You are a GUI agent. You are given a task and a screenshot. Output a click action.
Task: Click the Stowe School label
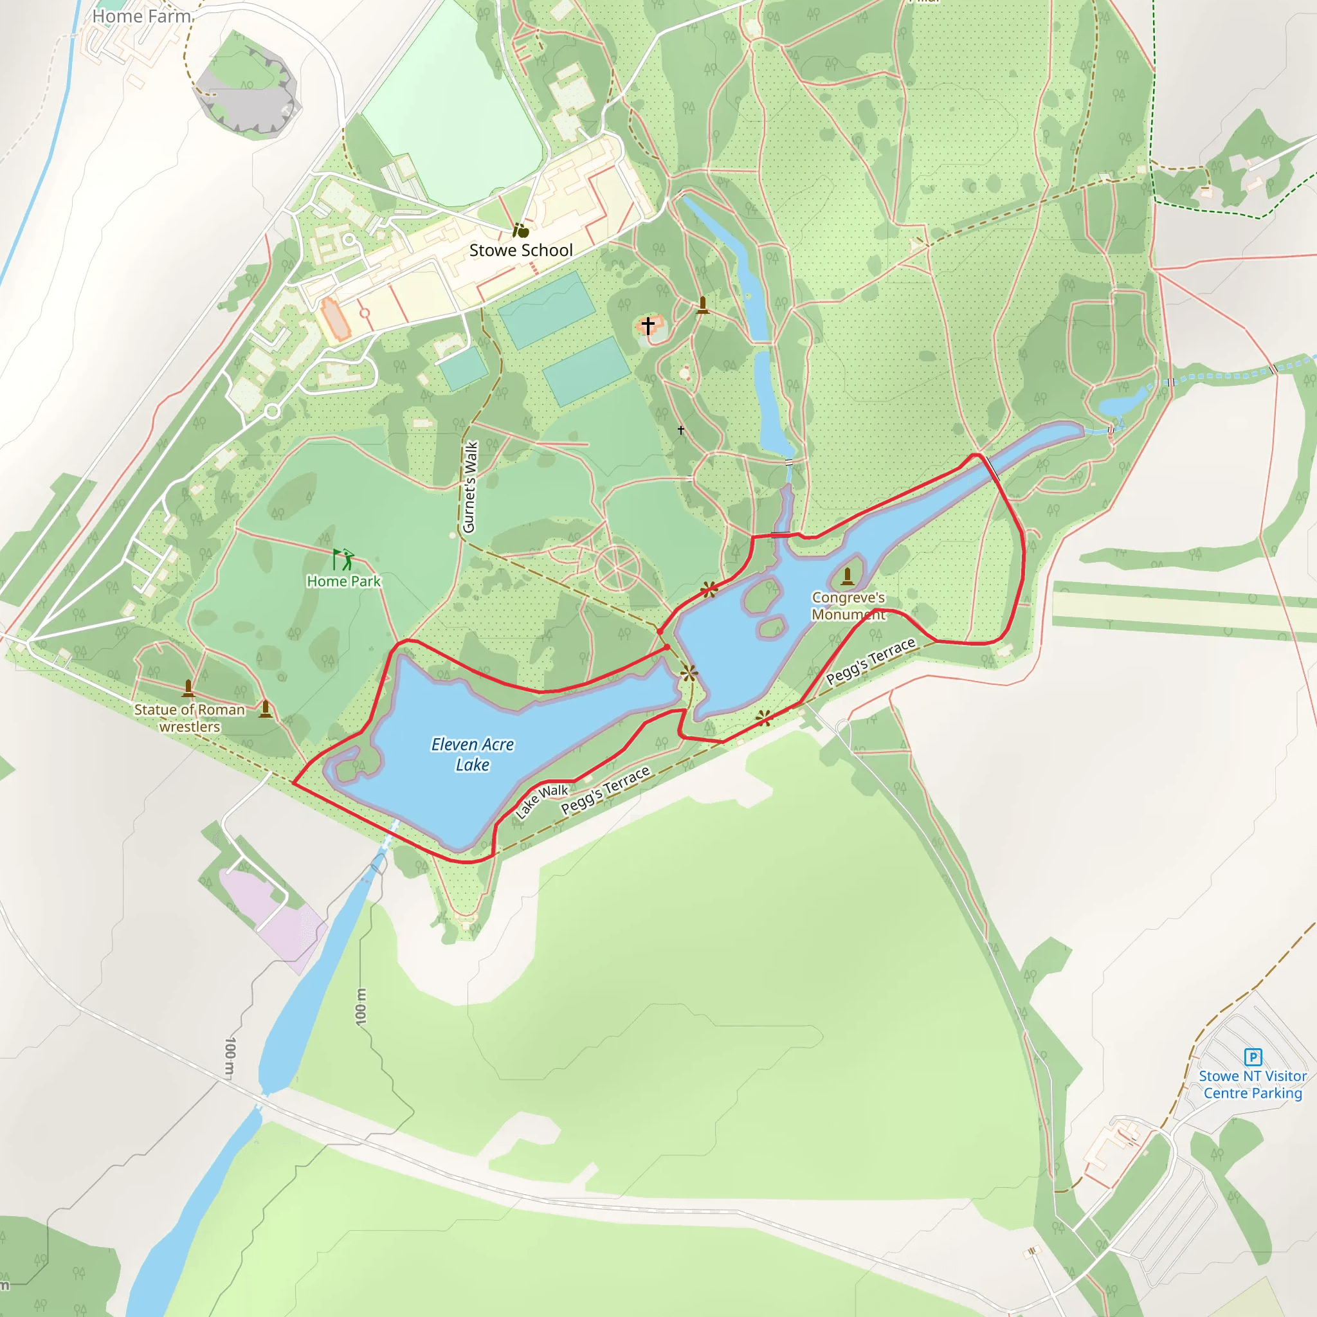(521, 250)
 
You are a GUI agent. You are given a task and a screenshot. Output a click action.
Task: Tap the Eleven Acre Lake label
(473, 754)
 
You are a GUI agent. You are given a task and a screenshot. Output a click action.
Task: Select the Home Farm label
(141, 16)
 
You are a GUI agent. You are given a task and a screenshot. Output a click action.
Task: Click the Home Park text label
(343, 581)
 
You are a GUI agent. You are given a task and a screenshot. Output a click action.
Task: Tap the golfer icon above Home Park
(343, 559)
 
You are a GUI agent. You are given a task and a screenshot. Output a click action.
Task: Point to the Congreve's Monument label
(848, 606)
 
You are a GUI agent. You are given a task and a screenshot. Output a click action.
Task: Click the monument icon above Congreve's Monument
(848, 577)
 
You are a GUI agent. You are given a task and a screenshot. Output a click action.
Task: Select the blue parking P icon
(1253, 1057)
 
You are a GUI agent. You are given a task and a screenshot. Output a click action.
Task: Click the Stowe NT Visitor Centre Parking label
(1253, 1085)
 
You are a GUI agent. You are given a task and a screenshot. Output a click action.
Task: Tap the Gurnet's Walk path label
(469, 487)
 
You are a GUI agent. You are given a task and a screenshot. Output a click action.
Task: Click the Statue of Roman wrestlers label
(190, 718)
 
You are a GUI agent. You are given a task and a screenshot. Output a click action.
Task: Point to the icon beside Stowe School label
(521, 230)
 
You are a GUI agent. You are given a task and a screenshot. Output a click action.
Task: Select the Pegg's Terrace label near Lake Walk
(605, 791)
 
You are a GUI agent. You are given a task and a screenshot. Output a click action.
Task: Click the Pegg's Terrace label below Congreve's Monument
(871, 661)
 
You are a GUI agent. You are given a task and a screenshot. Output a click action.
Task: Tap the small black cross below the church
(681, 430)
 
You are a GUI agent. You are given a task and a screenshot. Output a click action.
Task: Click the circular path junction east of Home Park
(617, 567)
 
